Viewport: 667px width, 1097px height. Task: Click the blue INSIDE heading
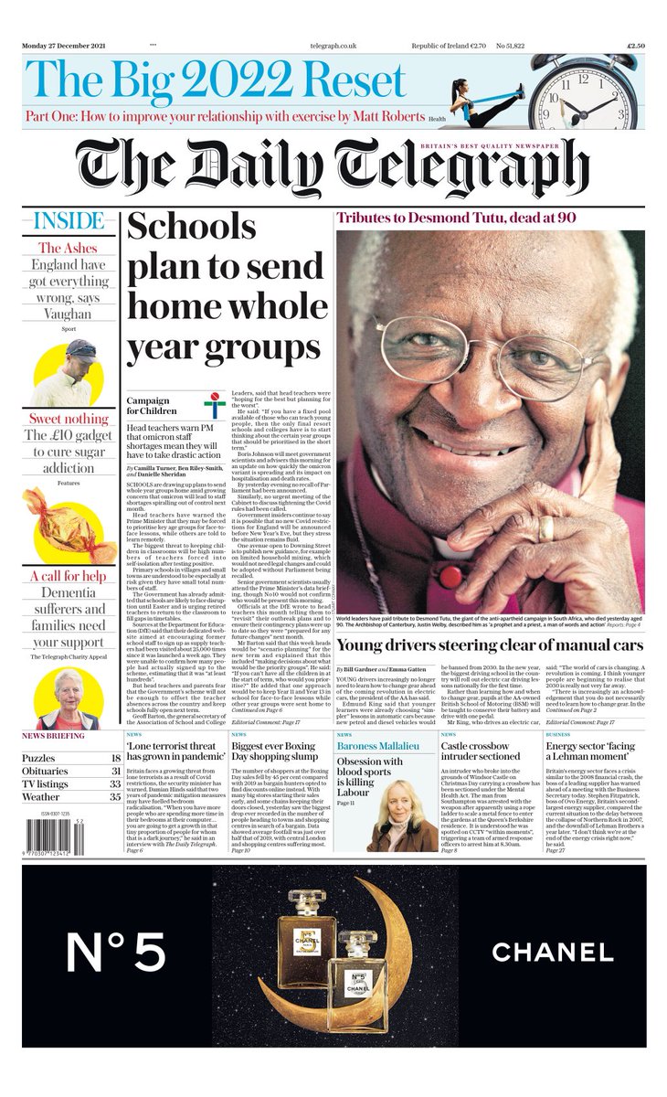pos(69,221)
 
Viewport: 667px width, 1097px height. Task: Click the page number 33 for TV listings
pos(115,783)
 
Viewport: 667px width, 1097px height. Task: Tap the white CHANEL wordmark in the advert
pos(552,952)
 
